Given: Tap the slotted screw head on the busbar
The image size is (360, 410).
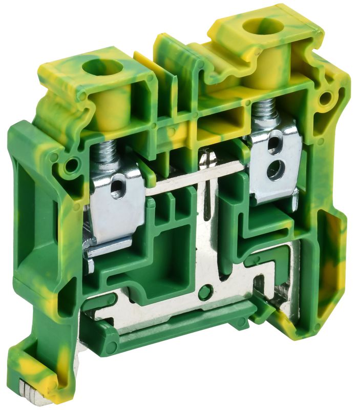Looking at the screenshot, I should click(x=208, y=159).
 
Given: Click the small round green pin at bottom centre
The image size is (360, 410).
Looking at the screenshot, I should click(x=205, y=293).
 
